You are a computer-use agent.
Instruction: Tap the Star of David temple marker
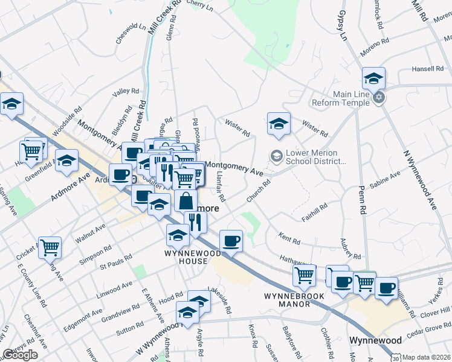tap(379, 97)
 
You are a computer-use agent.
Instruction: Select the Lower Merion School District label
tap(316, 157)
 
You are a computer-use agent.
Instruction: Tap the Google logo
tap(20, 355)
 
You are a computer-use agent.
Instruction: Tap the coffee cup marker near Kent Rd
tap(231, 241)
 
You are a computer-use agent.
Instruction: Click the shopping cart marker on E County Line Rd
tap(50, 247)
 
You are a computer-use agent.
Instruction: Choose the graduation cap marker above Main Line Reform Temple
tap(374, 78)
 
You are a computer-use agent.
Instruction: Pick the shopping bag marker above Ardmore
tap(186, 200)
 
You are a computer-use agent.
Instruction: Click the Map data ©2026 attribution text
tap(427, 357)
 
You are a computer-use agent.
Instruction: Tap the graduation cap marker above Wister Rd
tap(279, 124)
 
